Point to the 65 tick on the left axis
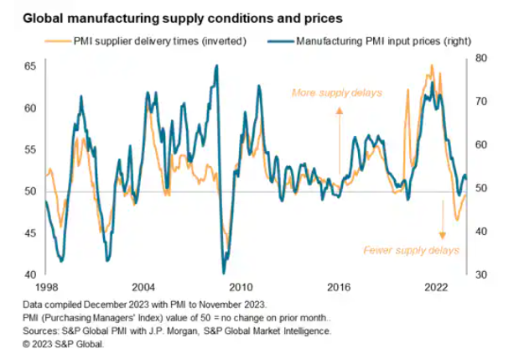tap(29, 66)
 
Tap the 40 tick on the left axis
tap(29, 275)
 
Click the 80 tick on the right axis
tap(480, 58)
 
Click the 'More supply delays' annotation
tap(335, 92)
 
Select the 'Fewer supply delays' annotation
tap(411, 250)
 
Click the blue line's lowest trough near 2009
tap(224, 272)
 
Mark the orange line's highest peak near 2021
tap(431, 65)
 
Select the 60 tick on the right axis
tap(480, 144)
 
